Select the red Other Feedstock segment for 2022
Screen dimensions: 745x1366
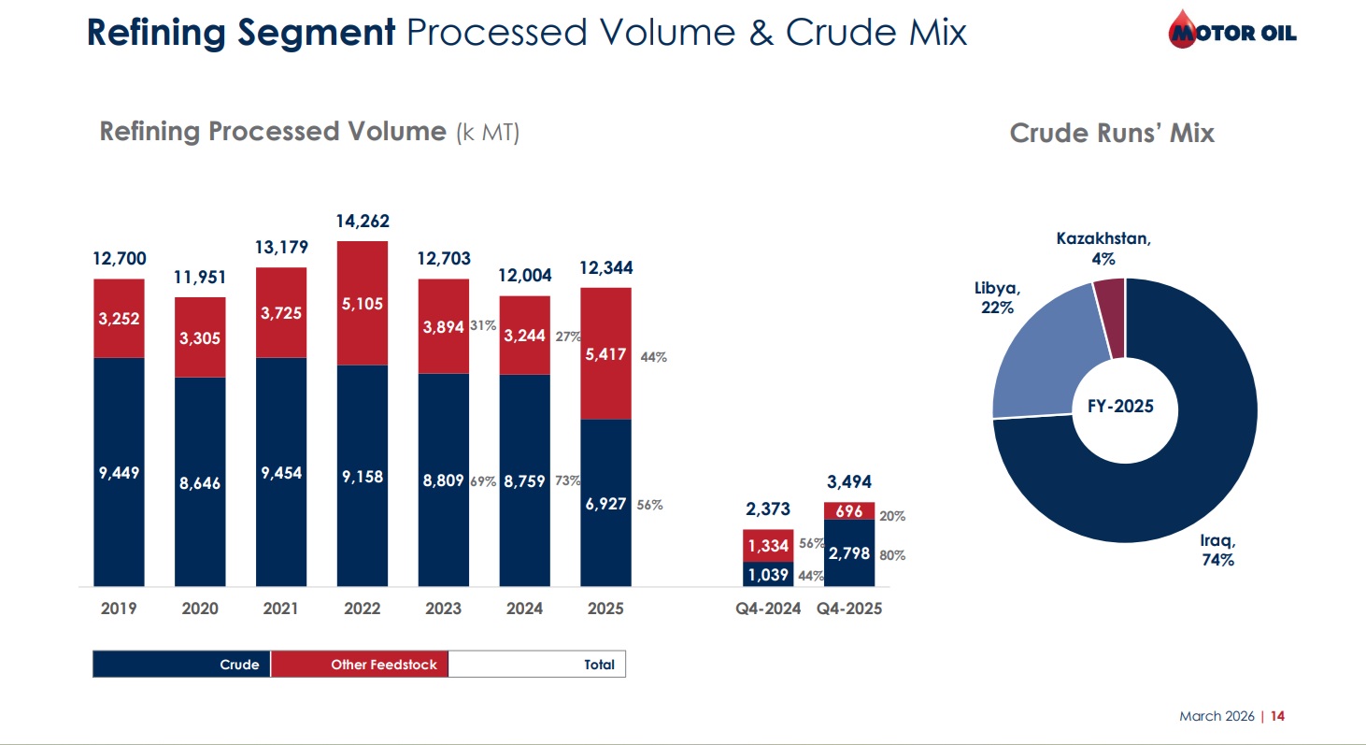363,303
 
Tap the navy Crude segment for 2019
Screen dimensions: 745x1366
119,472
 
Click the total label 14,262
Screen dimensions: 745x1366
363,222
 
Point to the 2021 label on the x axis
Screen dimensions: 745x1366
281,609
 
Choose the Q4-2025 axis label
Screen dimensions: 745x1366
849,609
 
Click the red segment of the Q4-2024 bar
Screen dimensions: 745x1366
768,545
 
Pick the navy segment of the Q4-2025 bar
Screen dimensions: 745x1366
849,553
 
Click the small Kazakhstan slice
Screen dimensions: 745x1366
1110,318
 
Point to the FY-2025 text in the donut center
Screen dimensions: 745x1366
1121,407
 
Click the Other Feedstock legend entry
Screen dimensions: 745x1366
361,665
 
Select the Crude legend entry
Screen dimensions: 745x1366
182,665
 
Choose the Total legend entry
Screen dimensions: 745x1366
538,665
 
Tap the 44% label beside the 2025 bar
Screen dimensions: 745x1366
653,356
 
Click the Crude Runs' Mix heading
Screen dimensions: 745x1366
1112,133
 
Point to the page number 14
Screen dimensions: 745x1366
1278,716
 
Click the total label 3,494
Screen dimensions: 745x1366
849,482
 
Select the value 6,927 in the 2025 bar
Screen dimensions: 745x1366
606,504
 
